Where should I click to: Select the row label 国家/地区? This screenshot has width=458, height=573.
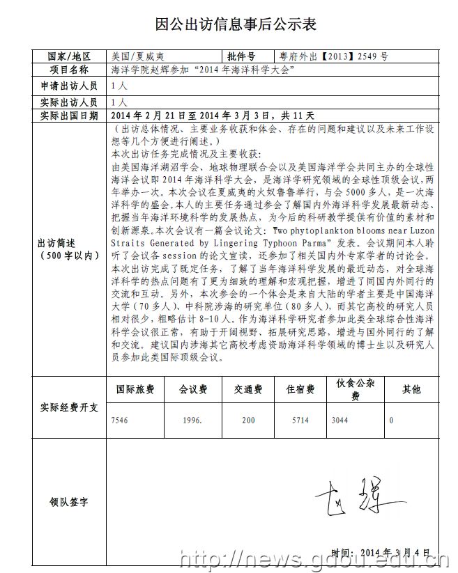coord(69,56)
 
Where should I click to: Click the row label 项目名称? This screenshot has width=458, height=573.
coord(69,70)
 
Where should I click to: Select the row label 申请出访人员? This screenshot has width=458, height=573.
coord(69,86)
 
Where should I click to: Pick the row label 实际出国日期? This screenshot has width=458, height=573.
coord(69,116)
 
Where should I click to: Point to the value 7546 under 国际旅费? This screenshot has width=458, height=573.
coord(121,421)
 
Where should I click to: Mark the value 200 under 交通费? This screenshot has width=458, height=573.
coord(248,421)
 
